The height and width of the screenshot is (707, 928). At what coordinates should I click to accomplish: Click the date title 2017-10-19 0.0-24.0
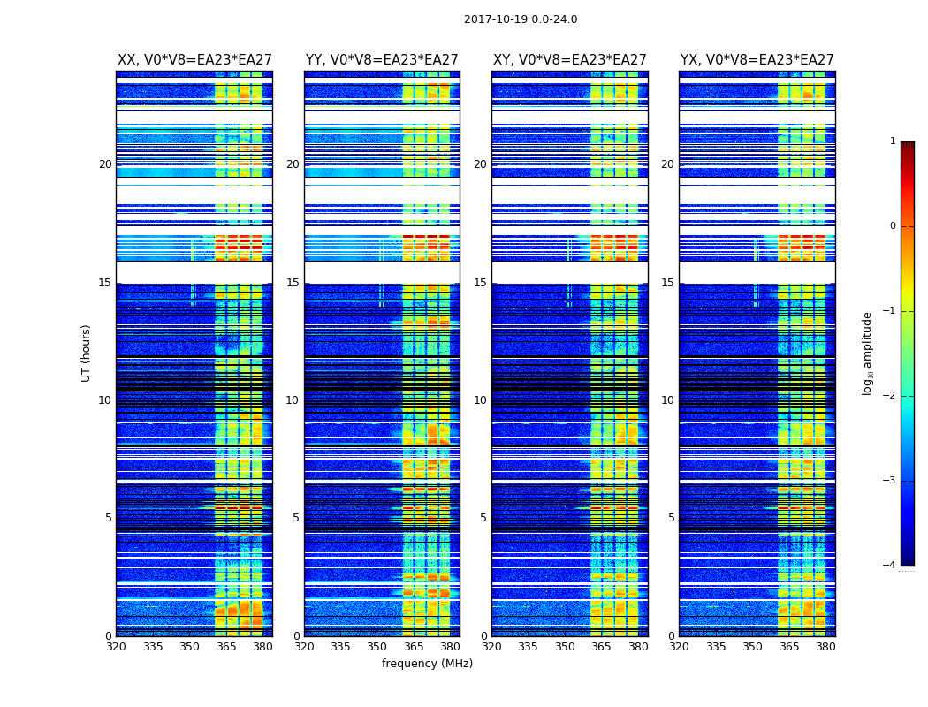[521, 19]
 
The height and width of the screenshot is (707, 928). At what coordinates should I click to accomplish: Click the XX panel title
[194, 60]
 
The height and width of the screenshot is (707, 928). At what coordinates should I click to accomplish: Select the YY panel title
[382, 60]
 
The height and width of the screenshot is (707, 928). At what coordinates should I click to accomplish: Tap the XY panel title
[569, 60]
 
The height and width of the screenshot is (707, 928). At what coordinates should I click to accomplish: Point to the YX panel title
[757, 60]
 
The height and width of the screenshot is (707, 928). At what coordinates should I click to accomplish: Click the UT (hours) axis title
[86, 353]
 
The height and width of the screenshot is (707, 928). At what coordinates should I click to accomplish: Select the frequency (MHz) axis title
[427, 664]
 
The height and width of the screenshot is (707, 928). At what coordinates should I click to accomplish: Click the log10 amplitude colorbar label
[868, 353]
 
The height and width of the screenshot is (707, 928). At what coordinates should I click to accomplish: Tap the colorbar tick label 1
[892, 141]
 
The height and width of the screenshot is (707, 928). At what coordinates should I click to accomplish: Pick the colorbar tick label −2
[890, 397]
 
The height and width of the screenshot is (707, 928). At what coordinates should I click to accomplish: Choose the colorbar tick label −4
[890, 566]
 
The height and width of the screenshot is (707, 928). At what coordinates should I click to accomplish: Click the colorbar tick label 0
[892, 226]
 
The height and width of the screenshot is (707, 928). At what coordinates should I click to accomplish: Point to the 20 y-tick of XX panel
[105, 164]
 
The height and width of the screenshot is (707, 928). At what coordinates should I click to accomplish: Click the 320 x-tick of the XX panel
[116, 647]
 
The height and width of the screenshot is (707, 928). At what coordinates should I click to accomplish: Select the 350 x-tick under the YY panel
[377, 647]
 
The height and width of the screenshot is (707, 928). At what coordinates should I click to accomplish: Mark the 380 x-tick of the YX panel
[825, 647]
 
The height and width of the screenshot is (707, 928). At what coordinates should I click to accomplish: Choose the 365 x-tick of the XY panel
[601, 647]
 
